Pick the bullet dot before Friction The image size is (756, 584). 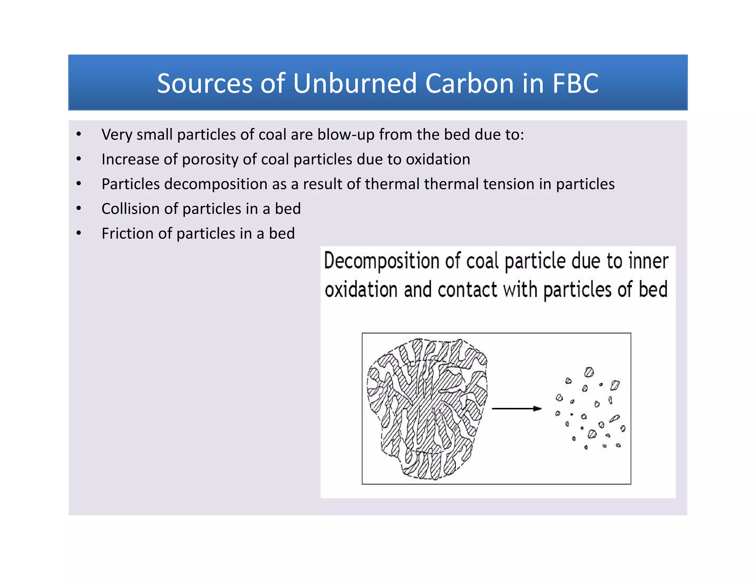tap(79, 233)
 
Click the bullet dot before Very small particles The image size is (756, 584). tap(79, 134)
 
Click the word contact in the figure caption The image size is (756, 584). tap(467, 290)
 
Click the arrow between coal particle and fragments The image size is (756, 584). tap(516, 409)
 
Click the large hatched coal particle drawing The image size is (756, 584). tap(427, 409)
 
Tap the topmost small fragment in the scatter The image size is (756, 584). tap(589, 372)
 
